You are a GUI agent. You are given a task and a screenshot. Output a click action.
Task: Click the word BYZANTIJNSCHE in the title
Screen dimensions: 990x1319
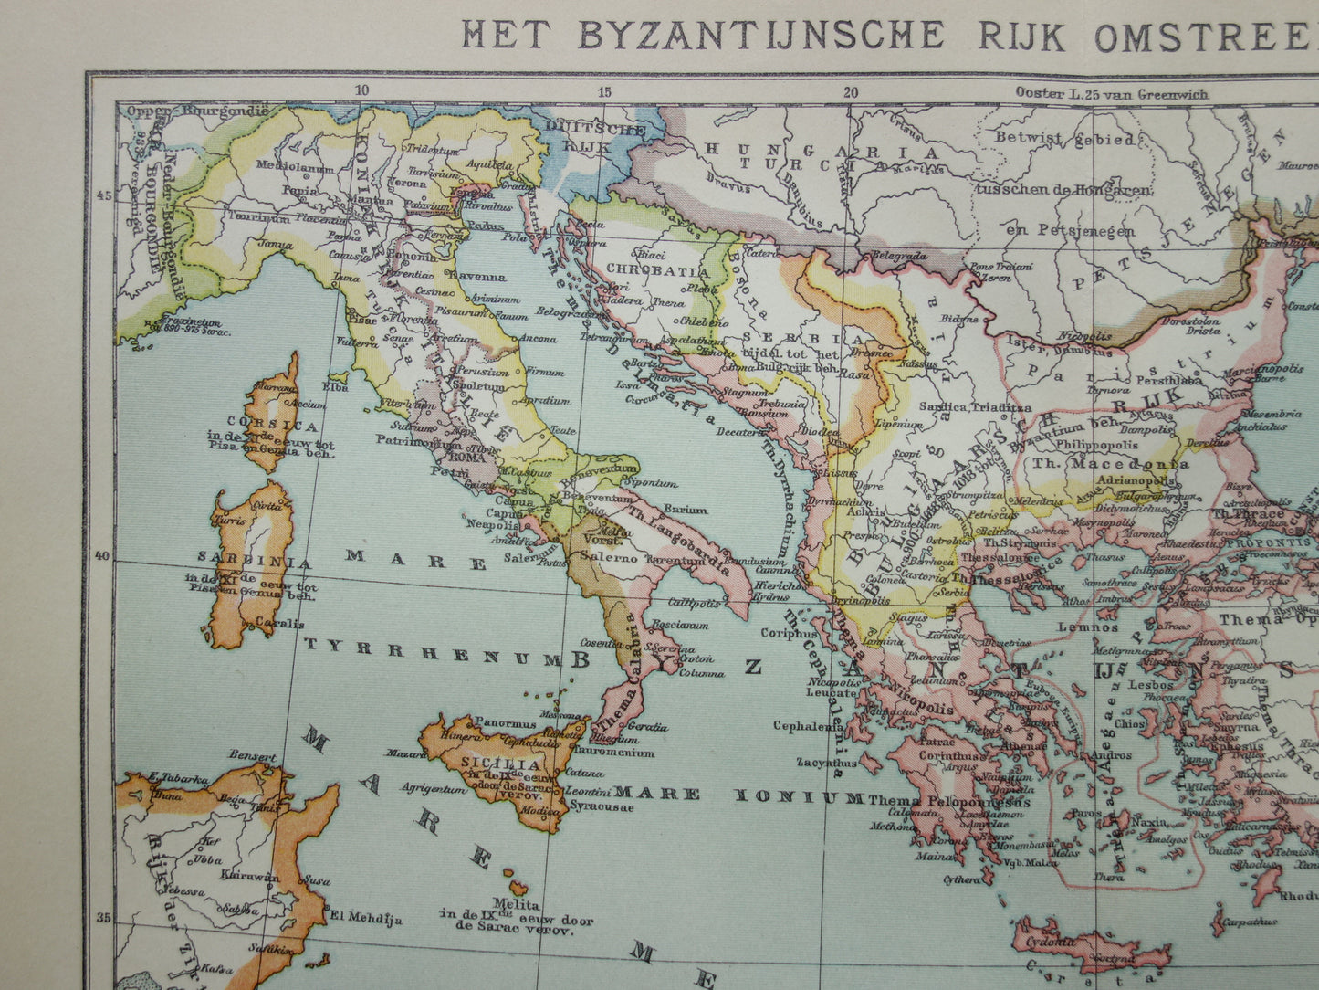click(x=759, y=35)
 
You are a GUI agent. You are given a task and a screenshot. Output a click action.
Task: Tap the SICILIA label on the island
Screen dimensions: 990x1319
click(x=488, y=764)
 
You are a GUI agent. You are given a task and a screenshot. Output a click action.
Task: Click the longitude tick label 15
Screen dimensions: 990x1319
click(x=603, y=91)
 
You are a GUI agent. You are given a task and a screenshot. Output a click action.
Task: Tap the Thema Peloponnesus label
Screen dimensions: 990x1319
click(x=949, y=801)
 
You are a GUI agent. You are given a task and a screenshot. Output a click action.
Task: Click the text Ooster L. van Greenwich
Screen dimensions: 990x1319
click(x=1111, y=93)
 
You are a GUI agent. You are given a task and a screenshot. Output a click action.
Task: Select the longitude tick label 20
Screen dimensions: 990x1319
click(x=851, y=91)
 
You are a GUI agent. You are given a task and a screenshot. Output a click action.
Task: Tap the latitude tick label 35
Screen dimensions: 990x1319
click(x=101, y=918)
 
